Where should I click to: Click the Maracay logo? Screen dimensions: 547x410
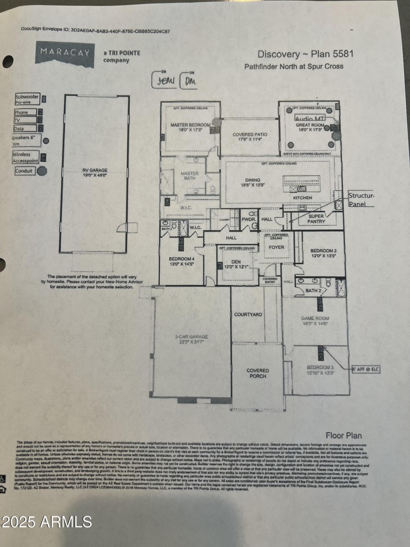[x=65, y=54]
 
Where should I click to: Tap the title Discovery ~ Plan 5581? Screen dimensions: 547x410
[x=305, y=54]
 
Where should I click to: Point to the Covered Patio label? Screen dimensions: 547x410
[x=249, y=136]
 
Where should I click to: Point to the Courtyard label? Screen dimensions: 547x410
[x=248, y=314]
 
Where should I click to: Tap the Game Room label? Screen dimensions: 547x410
[x=314, y=321]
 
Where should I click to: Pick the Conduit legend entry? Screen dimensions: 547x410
[x=24, y=171]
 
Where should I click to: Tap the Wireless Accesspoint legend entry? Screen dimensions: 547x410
[x=26, y=157]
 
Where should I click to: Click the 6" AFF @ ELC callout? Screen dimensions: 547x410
[x=365, y=369]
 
